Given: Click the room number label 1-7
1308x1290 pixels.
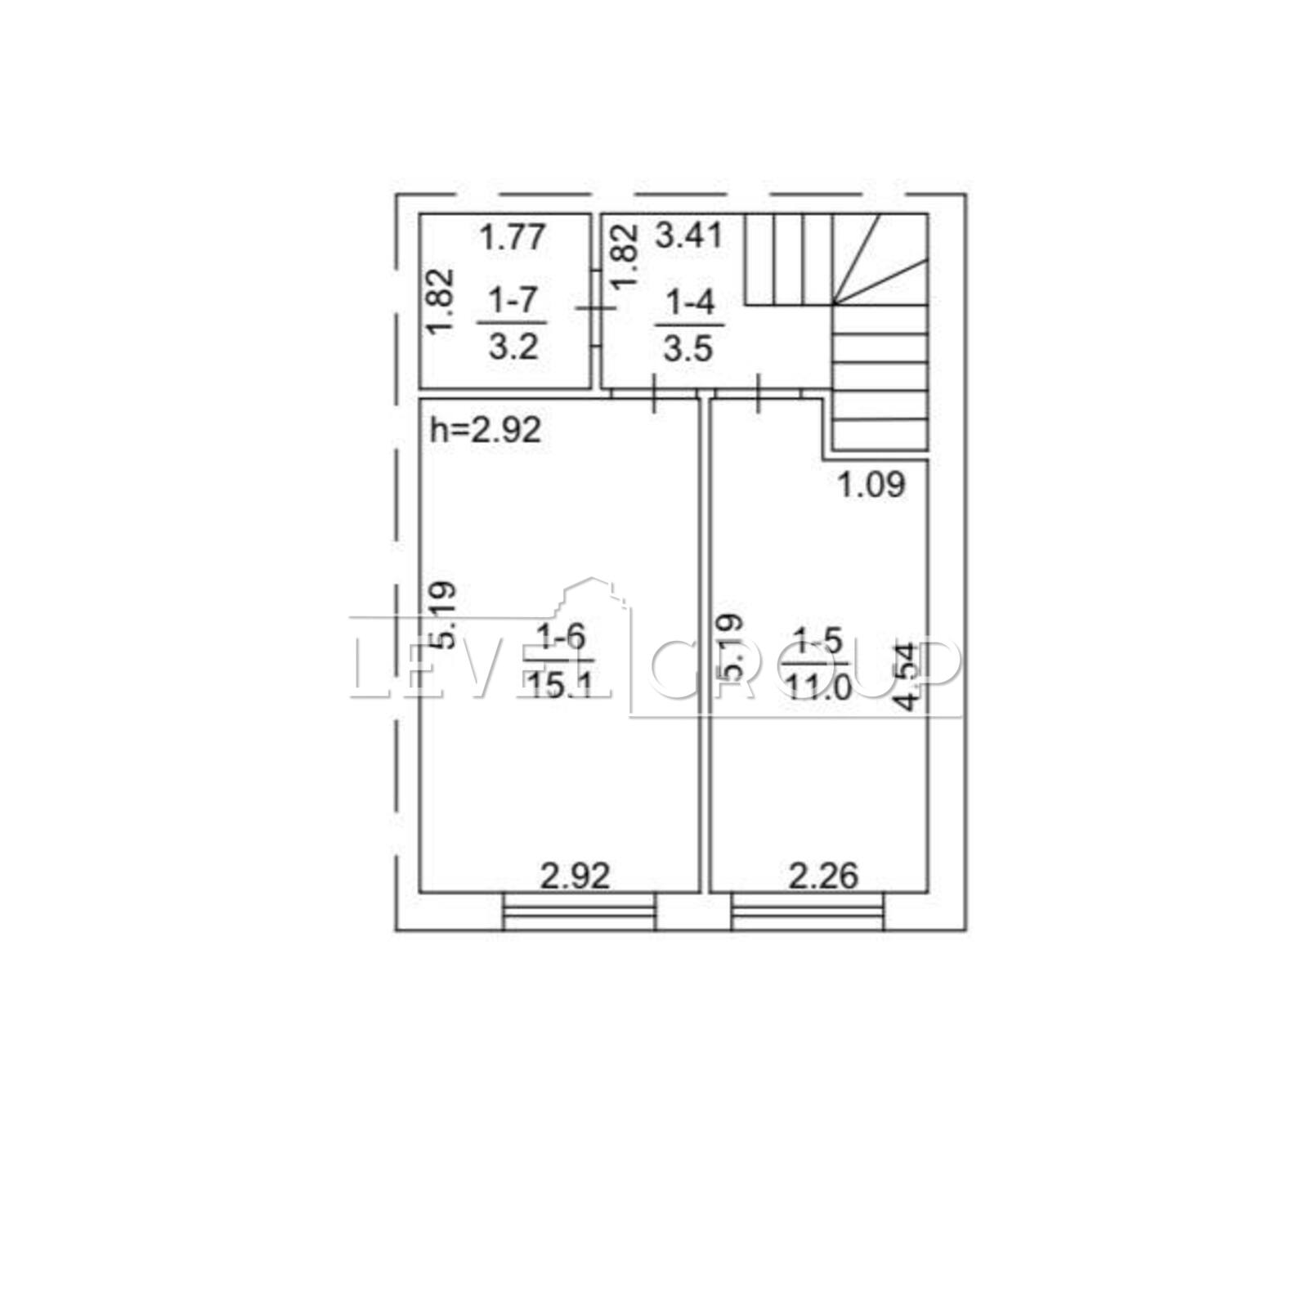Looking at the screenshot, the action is tap(513, 302).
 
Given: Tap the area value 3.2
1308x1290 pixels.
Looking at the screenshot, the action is tap(513, 347).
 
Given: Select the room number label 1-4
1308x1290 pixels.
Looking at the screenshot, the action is tap(691, 303).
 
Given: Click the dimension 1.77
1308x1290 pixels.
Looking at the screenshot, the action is tap(513, 238).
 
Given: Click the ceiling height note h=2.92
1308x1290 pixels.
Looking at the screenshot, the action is tap(486, 429).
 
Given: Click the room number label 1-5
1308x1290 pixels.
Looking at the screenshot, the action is tap(817, 641).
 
